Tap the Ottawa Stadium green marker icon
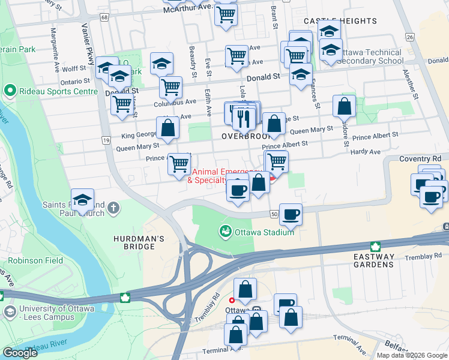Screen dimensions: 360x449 click(225, 231)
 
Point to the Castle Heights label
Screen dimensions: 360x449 click(340, 21)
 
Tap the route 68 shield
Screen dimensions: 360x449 click(105, 17)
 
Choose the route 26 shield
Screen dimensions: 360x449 click(410, 37)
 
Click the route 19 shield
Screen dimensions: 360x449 click(106, 140)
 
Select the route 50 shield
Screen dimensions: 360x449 click(274, 214)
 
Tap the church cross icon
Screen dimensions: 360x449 click(114, 209)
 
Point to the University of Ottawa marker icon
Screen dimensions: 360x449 click(10, 312)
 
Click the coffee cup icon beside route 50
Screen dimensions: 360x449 click(291, 214)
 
